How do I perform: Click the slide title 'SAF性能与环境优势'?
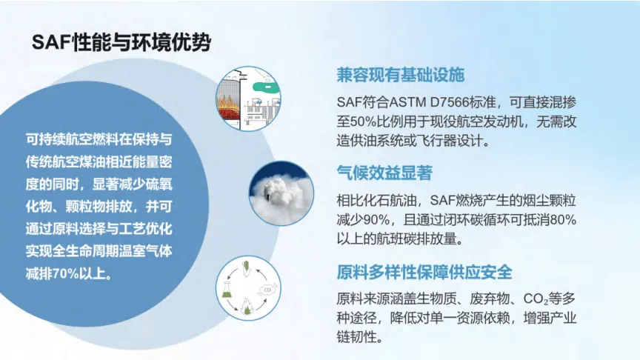121,42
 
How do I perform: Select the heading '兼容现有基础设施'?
401,75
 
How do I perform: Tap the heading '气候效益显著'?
384,173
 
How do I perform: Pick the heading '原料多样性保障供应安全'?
424,273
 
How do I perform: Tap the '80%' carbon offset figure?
563,220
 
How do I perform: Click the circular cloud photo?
281,193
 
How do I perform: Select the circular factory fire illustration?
249,99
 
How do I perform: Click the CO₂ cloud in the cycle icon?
267,289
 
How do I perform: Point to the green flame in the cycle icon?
247,307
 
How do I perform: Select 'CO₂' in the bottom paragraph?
536,299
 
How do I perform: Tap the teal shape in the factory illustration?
265,87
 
